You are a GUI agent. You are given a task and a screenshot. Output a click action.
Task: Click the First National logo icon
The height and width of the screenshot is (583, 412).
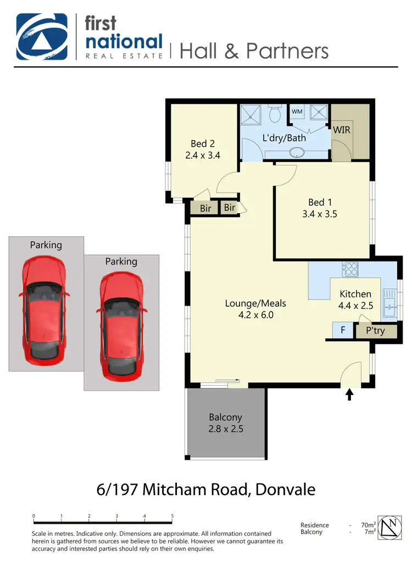pos(42,36)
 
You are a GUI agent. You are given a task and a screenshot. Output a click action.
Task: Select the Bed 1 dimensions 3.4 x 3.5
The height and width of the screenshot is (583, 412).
pos(320,214)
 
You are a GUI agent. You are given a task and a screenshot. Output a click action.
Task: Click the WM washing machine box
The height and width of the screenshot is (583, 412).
pos(297,112)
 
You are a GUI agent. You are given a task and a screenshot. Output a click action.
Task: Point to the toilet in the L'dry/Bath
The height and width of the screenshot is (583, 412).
pos(276,113)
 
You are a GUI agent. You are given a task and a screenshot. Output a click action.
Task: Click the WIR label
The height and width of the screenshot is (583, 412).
pos(341,130)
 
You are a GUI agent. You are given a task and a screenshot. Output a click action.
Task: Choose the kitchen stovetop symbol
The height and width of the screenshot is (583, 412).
pos(350,269)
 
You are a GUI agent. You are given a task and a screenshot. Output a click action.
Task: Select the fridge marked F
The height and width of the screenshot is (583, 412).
pos(343,331)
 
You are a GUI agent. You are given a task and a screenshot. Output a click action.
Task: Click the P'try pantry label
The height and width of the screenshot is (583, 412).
pos(376,331)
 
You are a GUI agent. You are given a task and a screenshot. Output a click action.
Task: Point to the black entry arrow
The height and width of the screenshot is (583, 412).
pos(350,395)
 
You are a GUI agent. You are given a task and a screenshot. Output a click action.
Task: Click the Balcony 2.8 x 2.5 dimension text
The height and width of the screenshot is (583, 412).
pos(226,429)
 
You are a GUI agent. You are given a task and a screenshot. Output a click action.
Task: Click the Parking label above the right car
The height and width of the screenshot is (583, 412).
pos(121,262)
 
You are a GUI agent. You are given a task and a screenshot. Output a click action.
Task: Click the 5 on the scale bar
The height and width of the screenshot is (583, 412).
pos(172,516)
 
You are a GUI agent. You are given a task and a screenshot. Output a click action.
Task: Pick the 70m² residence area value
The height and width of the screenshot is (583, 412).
pos(368,525)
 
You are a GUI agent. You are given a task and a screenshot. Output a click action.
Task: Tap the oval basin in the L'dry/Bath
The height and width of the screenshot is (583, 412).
pos(298,153)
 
